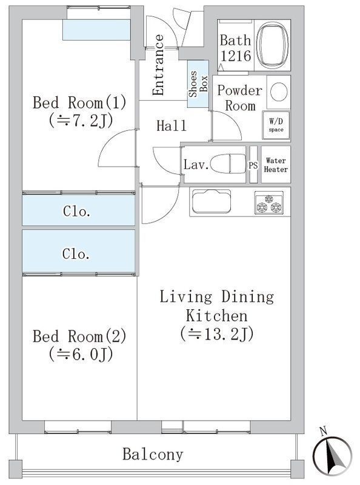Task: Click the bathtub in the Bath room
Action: (272, 45)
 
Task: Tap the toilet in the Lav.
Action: (224, 163)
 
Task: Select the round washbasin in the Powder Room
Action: (279, 92)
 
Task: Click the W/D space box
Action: (276, 125)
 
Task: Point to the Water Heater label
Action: (276, 165)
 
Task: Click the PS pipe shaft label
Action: (253, 166)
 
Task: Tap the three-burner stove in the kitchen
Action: (268, 203)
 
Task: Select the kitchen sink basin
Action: (212, 201)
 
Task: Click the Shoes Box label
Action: (198, 84)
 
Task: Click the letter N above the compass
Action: (324, 431)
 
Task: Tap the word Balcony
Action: (153, 454)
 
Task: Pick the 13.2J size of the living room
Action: (217, 334)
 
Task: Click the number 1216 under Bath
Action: (236, 56)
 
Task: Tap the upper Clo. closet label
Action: (76, 211)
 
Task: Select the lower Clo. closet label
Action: (76, 254)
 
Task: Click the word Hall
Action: (172, 126)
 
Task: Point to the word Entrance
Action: (158, 65)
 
